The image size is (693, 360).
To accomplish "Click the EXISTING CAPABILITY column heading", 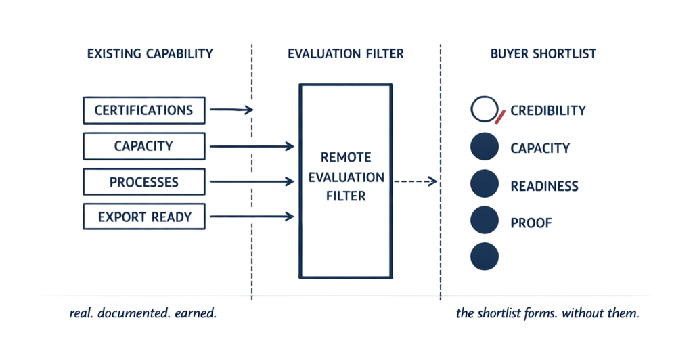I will click(x=150, y=53).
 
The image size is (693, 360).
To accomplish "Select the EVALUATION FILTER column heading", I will click(x=345, y=53).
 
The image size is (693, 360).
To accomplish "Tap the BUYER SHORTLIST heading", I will click(x=543, y=53).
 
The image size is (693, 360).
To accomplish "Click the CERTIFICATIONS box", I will click(x=143, y=110).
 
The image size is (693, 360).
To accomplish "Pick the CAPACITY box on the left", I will click(x=143, y=146).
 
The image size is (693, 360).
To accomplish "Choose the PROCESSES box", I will click(x=143, y=182).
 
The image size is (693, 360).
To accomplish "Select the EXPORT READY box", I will click(x=143, y=217).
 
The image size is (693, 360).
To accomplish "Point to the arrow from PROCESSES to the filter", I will click(x=252, y=182).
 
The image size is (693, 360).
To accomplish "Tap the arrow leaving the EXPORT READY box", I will click(x=252, y=217).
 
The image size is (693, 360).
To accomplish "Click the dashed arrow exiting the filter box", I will click(x=416, y=181).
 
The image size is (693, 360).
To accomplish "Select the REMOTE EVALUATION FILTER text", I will click(x=345, y=177).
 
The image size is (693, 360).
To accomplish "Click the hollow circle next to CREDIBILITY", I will click(x=483, y=110).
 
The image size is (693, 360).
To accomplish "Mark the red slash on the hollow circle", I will click(x=501, y=118).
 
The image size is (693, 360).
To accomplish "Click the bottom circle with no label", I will click(x=484, y=255).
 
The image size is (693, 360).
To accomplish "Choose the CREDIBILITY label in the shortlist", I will click(x=548, y=110).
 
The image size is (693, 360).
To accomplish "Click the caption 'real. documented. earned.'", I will click(x=143, y=315).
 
